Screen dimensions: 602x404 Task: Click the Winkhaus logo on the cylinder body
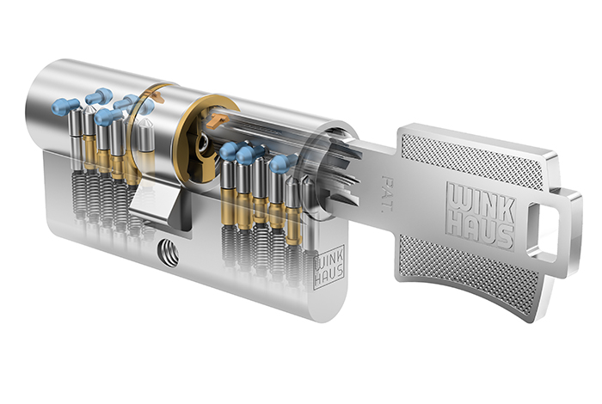click(329, 266)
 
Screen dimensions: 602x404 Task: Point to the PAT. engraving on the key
click(386, 193)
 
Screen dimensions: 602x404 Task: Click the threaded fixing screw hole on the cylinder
click(168, 253)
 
